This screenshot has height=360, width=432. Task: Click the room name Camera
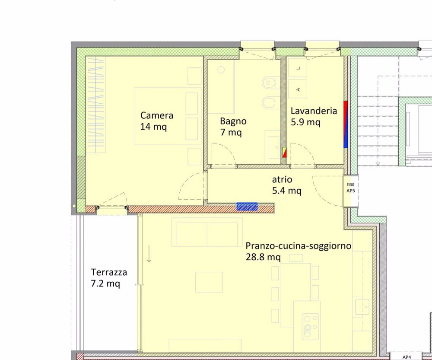point(157,115)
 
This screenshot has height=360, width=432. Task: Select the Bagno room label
point(233,121)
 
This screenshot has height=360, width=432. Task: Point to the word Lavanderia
point(313,111)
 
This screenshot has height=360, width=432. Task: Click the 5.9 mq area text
point(305,122)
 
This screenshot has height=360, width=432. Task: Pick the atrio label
point(282,179)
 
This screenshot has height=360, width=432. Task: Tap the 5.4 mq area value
point(286,190)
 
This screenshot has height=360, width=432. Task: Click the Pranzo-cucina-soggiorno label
point(298,246)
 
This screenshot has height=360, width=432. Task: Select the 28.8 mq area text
point(263,258)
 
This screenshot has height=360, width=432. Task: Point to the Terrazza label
point(109,272)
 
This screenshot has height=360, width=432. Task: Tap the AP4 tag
point(407,357)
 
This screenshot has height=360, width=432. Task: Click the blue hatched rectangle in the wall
point(247,207)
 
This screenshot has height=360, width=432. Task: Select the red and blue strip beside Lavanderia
point(346,124)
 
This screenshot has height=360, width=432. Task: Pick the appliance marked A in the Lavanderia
point(299,89)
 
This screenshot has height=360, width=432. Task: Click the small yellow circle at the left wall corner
point(74,206)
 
